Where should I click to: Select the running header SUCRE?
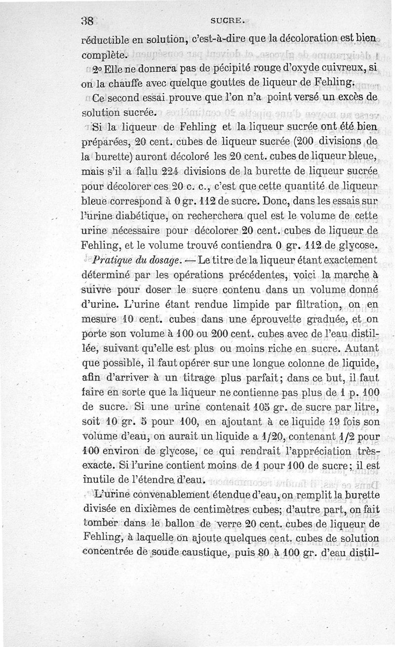tap(225, 21)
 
